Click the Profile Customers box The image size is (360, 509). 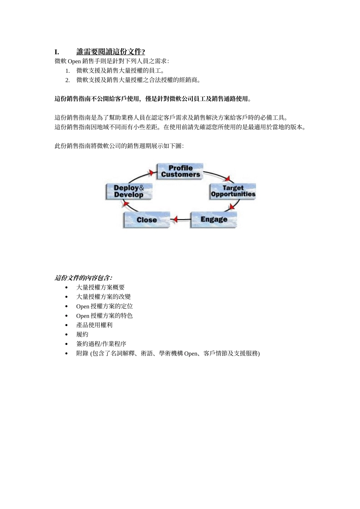(180, 171)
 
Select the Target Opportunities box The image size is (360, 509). (233, 191)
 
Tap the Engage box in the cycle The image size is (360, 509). (214, 219)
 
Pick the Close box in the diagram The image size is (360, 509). (147, 220)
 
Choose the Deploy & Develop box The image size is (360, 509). (129, 191)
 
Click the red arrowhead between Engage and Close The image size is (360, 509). (175, 219)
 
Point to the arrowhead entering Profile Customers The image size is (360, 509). (152, 173)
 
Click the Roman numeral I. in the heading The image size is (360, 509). (57, 52)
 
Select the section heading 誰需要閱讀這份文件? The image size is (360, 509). (111, 52)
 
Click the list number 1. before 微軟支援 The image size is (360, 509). (67, 71)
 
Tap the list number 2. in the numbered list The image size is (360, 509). (67, 80)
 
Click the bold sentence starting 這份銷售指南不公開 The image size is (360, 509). (153, 99)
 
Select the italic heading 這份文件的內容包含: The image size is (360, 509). (83, 278)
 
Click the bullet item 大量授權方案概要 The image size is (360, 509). (100, 287)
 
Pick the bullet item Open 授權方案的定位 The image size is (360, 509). (105, 306)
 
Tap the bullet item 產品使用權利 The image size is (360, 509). (94, 325)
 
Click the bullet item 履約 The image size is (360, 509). (82, 334)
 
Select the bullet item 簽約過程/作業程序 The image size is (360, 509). (101, 344)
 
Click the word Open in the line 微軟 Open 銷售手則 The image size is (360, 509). (74, 61)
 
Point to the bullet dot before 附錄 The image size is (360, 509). (67, 354)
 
